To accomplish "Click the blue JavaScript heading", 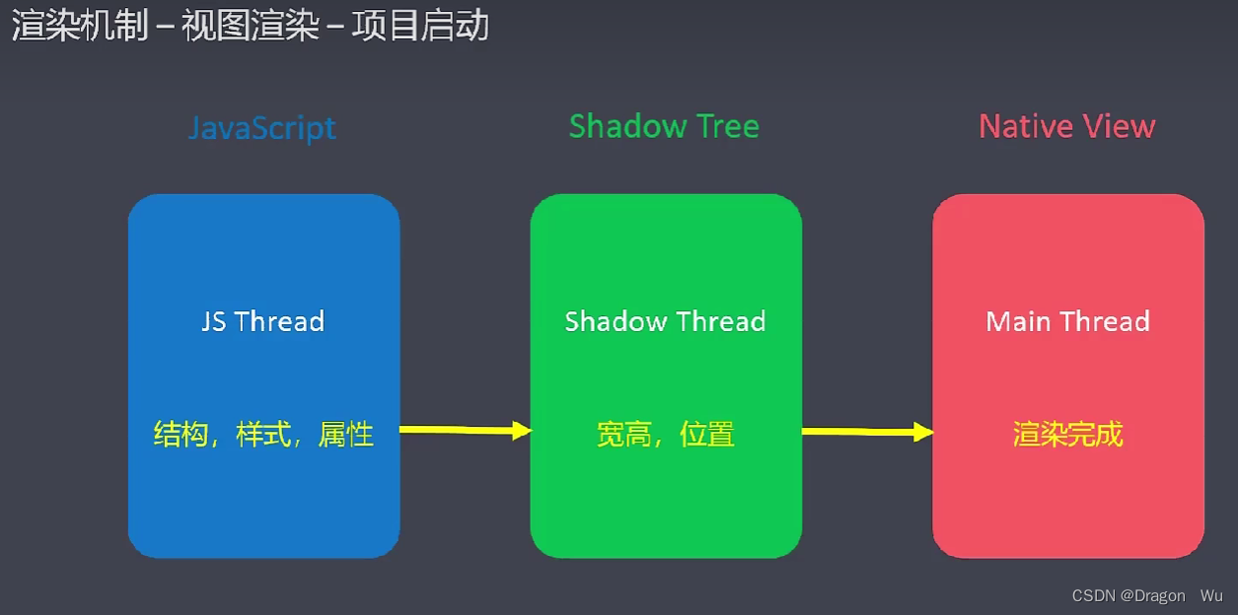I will click(262, 127).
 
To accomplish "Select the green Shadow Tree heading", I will click(664, 126).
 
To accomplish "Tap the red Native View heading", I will click(1066, 126).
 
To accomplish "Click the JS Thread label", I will click(262, 321).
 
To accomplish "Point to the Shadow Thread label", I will click(665, 321).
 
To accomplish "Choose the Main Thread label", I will click(1067, 321).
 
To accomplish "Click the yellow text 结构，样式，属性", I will click(263, 434).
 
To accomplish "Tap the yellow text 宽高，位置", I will click(666, 434).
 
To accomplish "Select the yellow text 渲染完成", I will click(1067, 434).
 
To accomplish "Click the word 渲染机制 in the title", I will click(80, 26).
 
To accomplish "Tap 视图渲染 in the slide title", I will click(251, 26).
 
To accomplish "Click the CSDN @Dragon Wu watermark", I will click(1146, 595).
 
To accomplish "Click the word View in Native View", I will click(1119, 126).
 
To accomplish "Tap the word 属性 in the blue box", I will click(346, 434).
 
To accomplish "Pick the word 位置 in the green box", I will click(707, 434).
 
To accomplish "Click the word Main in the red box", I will click(1018, 321).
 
